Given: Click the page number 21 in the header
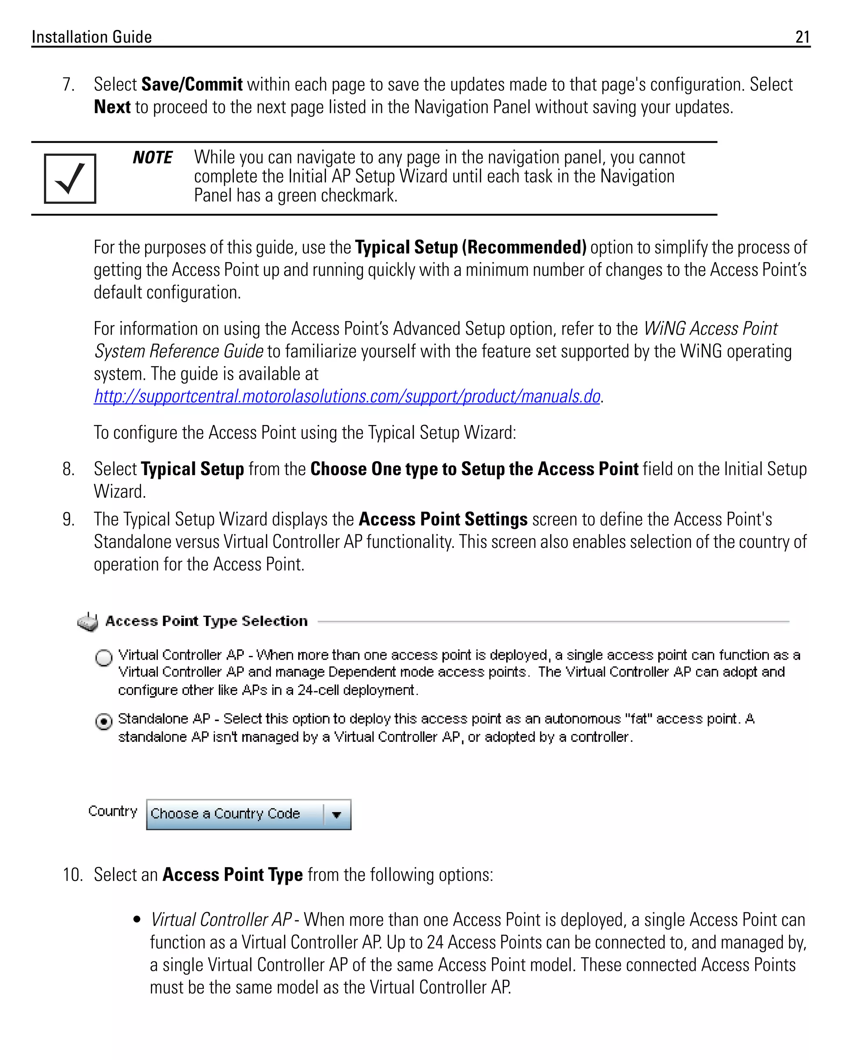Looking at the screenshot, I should pos(802,37).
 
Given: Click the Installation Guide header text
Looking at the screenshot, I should pos(92,37).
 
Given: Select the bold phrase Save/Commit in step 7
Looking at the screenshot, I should pos(192,85).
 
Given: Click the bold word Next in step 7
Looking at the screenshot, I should pos(112,107).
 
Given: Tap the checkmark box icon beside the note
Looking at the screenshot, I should pos(70,178).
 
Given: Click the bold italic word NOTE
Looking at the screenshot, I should pos(153,157).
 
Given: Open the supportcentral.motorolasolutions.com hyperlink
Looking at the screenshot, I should pos(347,396).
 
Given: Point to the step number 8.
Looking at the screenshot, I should pos(68,469).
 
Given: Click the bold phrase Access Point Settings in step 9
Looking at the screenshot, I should pos(443,519).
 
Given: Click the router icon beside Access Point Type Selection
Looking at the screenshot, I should pos(88,622).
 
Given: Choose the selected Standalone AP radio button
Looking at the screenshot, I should pos(104,722).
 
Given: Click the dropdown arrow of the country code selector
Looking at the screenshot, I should pos(337,815).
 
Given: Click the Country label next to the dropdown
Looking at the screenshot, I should pos(113,811).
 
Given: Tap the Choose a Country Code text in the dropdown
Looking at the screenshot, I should pos(225,814).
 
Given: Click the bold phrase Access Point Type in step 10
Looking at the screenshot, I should pos(232,875).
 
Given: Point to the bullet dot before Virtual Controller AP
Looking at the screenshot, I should pos(137,919).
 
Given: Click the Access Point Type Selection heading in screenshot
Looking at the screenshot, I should pos(206,621).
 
